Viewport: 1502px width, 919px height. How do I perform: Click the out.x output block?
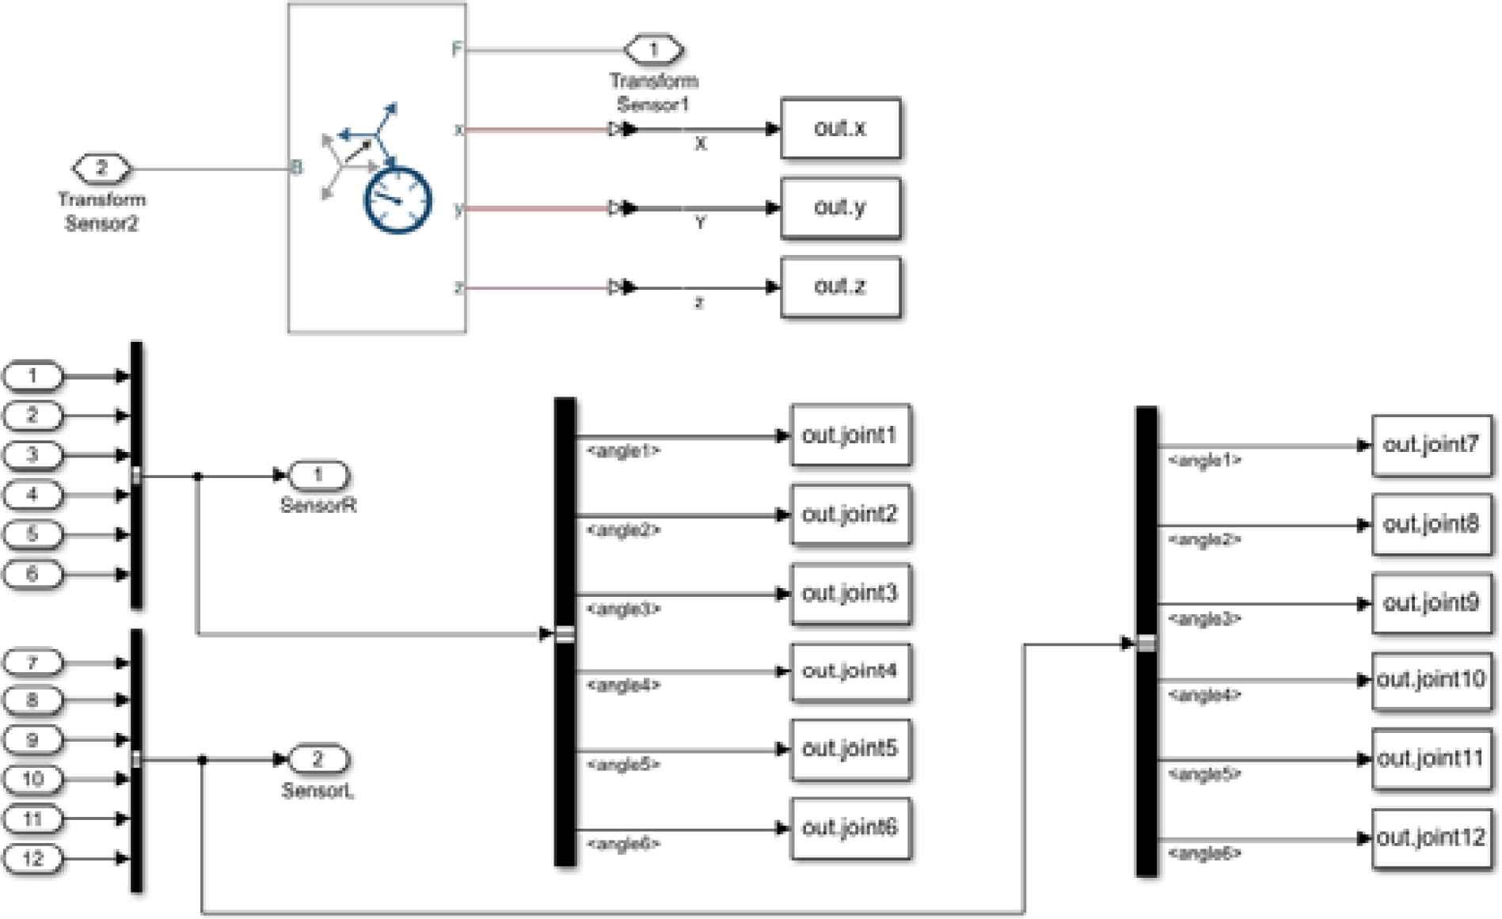coord(840,128)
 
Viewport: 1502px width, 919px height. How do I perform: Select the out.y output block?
coord(840,208)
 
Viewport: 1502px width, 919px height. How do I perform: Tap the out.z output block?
coord(840,287)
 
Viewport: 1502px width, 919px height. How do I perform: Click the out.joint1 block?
coord(850,435)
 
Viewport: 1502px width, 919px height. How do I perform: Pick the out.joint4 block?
coord(850,671)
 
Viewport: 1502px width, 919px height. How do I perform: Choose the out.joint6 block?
coord(850,828)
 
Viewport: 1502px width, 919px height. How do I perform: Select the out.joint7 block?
coord(1431,446)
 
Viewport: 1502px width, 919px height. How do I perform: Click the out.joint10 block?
coord(1431,680)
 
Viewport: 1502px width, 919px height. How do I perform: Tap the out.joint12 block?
coord(1431,838)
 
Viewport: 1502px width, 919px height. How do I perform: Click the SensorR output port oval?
coord(318,475)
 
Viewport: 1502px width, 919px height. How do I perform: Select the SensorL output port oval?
coord(318,760)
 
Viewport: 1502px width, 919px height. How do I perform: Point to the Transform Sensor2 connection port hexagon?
coord(101,169)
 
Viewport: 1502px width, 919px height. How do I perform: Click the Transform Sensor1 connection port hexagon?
coord(653,50)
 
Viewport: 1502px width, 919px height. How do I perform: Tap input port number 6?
coord(32,574)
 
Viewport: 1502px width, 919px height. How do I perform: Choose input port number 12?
coord(32,858)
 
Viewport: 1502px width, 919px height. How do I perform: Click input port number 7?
coord(32,662)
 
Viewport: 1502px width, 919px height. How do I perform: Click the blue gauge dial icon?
coord(397,199)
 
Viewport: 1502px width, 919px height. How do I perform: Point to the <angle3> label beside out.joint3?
coord(623,610)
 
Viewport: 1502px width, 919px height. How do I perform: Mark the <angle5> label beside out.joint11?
coord(1204,774)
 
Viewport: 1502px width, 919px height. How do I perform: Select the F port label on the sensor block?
coord(456,50)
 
